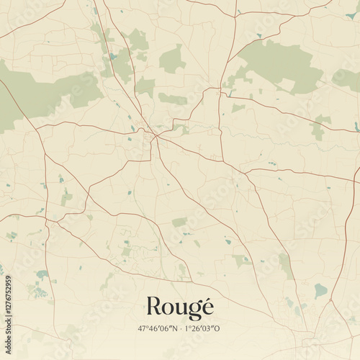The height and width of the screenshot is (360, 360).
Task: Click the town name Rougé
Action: (179, 307)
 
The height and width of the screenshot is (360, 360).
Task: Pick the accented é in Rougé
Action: (207, 307)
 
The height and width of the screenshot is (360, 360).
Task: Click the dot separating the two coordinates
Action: (180, 328)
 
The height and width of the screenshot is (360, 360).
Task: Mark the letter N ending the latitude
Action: (174, 328)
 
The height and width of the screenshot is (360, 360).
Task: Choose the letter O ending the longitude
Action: (218, 328)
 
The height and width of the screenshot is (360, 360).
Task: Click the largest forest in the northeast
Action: (281, 65)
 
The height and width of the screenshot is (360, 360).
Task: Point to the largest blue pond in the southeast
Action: (320, 290)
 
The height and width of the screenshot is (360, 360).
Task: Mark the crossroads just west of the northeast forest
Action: (219, 89)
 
